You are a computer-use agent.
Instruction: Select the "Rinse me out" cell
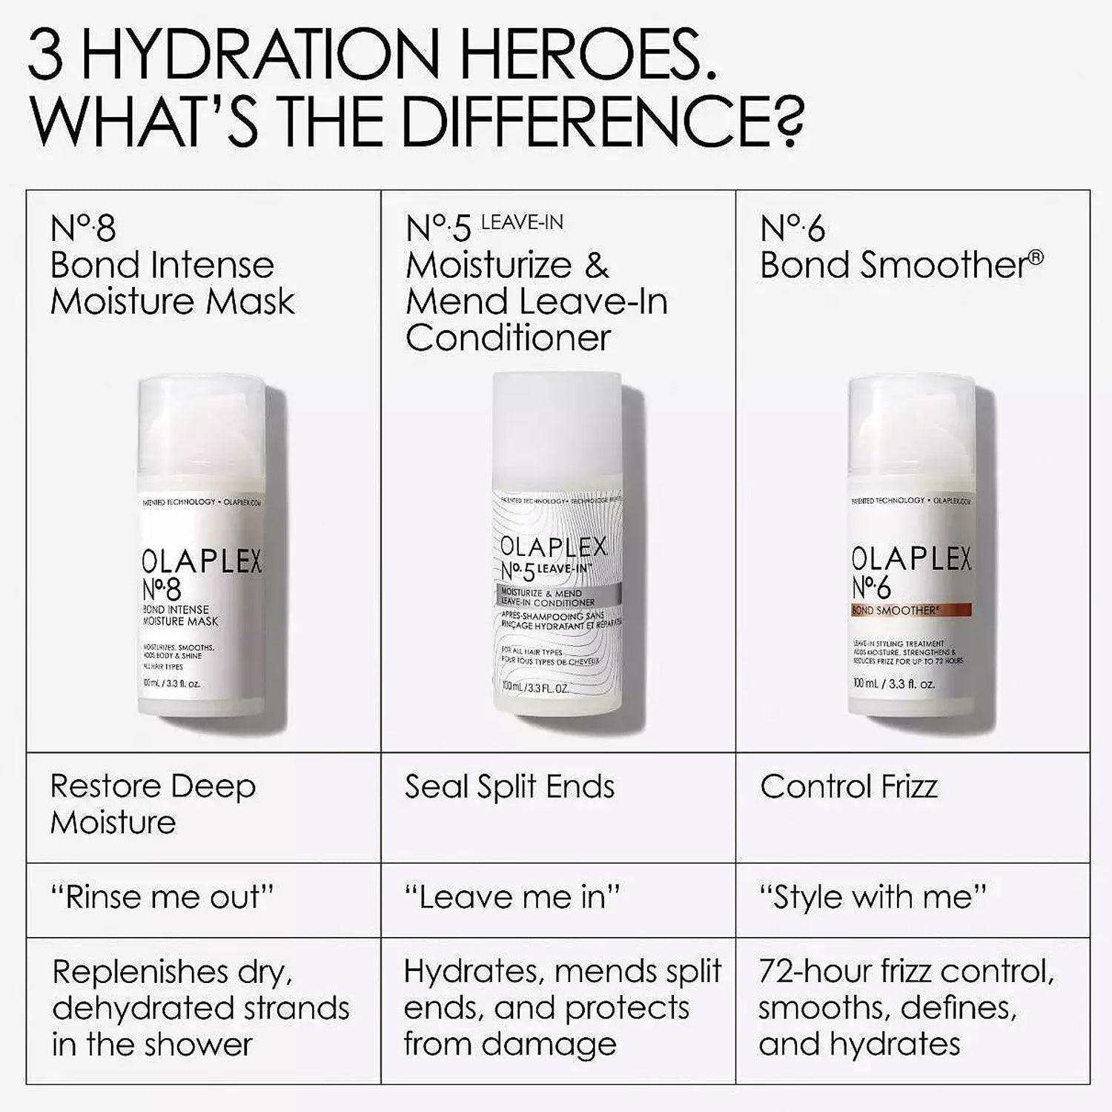click(162, 897)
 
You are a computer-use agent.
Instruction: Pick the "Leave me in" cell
click(512, 897)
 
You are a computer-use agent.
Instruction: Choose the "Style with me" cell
click(873, 897)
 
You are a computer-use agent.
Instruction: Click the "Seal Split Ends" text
click(509, 787)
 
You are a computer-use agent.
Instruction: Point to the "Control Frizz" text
click(848, 787)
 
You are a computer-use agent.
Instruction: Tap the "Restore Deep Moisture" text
click(153, 804)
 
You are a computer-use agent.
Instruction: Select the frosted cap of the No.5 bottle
click(557, 426)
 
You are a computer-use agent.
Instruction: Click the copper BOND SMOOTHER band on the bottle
click(910, 610)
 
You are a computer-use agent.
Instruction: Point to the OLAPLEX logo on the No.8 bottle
click(201, 562)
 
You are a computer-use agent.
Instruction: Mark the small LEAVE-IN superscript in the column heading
click(522, 222)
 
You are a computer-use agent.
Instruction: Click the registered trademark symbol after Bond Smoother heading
click(1036, 257)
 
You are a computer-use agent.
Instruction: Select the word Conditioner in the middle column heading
click(508, 338)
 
